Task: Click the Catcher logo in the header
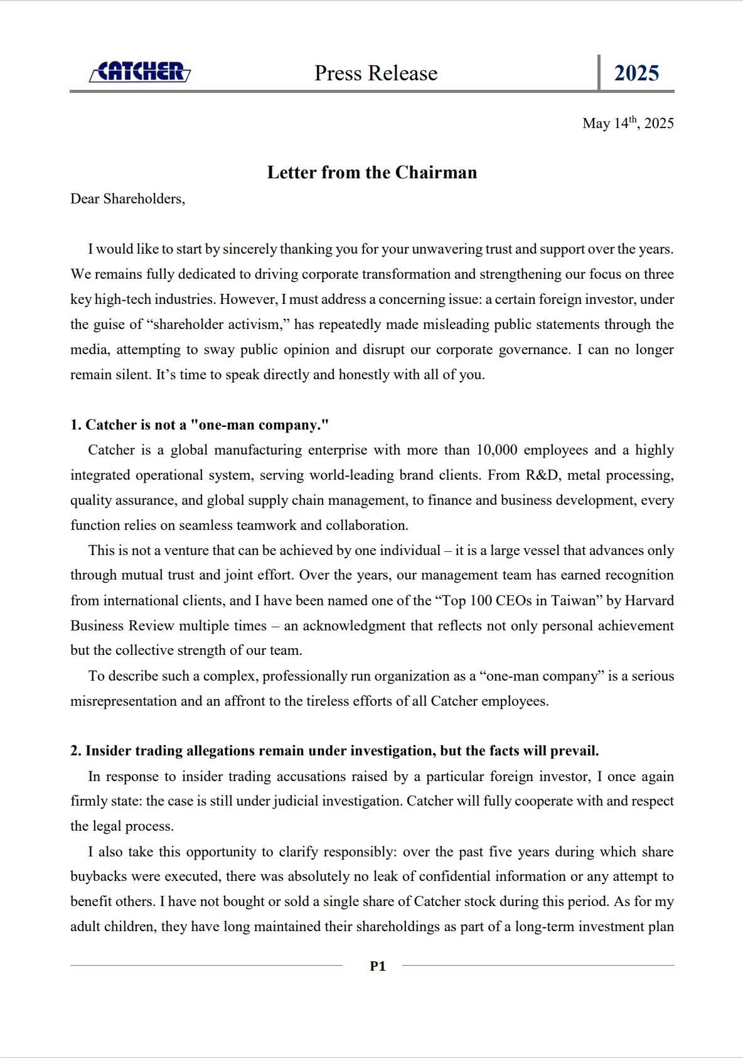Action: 140,72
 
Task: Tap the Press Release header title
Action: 376,73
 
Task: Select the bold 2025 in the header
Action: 636,73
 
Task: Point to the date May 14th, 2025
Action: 628,123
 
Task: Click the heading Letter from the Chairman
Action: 372,173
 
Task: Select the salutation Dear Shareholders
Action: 127,199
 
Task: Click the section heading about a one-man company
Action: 200,425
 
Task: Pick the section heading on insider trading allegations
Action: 334,751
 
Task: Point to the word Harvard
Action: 649,601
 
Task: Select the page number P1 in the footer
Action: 378,966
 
